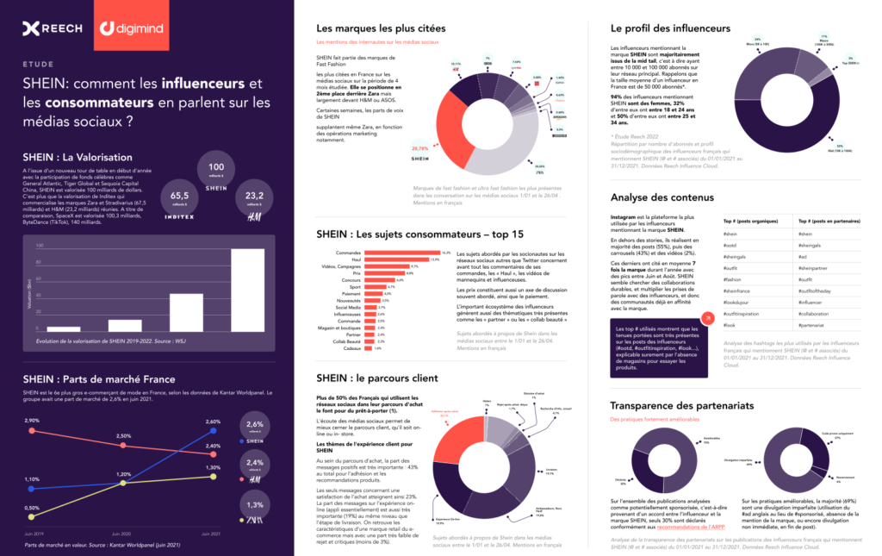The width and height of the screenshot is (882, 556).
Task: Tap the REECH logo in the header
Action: coord(53,28)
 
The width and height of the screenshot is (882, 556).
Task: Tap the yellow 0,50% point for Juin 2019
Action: coord(32,517)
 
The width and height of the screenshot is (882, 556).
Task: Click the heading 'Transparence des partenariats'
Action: coord(681,405)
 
